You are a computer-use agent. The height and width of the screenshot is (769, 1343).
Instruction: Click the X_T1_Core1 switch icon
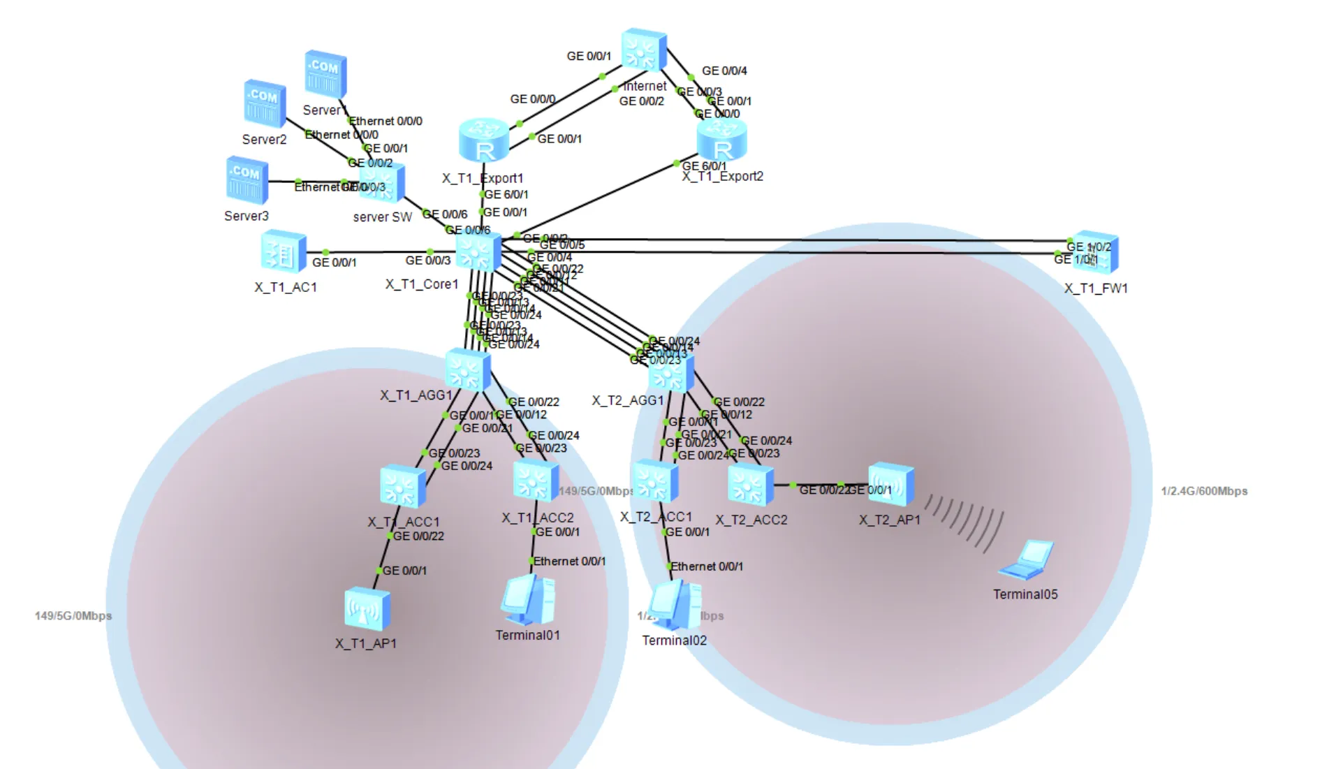click(x=478, y=252)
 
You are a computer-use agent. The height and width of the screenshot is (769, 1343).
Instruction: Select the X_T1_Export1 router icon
click(x=484, y=140)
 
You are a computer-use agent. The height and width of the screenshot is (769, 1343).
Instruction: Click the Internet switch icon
click(x=643, y=50)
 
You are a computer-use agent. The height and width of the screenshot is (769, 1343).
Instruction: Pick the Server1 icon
click(x=325, y=73)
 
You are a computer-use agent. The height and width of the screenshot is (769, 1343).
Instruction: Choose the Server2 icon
click(x=265, y=103)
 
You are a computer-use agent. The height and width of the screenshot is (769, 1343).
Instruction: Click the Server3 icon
click(x=247, y=180)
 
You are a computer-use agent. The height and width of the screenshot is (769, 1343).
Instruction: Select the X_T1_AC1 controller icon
click(x=284, y=251)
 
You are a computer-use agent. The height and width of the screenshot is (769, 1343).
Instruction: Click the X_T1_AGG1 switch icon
click(x=467, y=369)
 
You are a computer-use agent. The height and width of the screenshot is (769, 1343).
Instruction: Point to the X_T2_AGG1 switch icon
click(x=670, y=373)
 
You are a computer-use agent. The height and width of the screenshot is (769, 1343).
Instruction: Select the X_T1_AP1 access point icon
click(x=367, y=609)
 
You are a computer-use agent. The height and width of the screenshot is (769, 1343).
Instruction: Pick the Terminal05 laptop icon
click(x=1027, y=560)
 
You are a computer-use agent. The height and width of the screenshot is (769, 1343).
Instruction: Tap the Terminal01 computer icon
click(x=528, y=600)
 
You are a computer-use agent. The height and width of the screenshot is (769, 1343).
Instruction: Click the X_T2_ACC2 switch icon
click(x=750, y=485)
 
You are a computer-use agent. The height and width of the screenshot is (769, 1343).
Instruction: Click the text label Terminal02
click(x=674, y=640)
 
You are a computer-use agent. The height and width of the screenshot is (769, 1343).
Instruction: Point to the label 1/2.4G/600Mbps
click(x=1204, y=491)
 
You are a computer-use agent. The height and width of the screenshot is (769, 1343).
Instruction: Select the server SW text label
click(x=382, y=217)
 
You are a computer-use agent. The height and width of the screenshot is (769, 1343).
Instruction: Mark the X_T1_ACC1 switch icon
click(x=402, y=487)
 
